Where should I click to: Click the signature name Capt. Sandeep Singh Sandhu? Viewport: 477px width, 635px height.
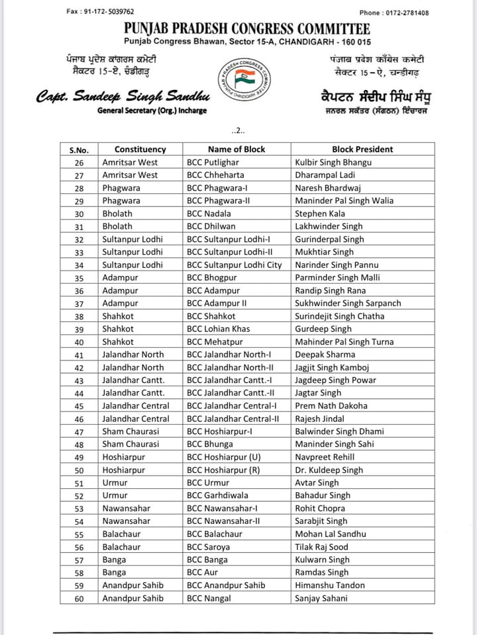click(114, 97)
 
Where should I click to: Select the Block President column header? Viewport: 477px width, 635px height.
click(362, 149)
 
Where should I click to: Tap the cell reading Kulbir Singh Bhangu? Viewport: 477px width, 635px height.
click(333, 162)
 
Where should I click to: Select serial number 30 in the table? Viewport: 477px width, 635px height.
click(79, 214)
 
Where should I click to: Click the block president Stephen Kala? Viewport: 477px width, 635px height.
click(320, 214)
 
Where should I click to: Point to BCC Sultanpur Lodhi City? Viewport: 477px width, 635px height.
click(237, 265)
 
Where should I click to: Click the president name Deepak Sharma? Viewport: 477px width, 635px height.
click(325, 355)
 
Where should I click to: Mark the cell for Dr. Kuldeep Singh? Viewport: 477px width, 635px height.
click(329, 470)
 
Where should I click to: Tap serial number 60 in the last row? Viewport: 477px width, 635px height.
click(79, 599)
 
